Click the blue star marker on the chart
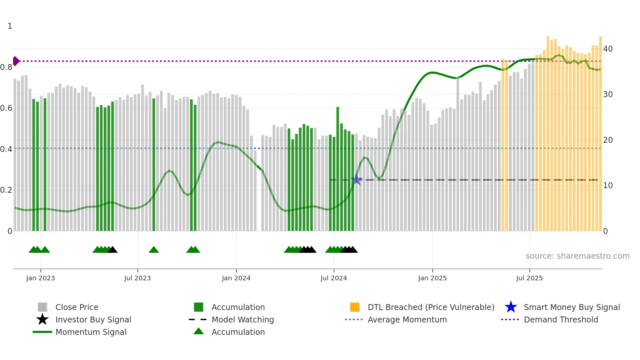[357, 179]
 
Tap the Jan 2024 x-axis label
[236, 278]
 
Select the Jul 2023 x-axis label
[137, 278]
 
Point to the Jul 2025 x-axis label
[529, 278]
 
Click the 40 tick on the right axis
[608, 49]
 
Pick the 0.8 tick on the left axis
[7, 67]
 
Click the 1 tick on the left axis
[10, 26]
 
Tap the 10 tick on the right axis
[608, 186]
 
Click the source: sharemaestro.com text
[577, 256]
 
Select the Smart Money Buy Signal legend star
[511, 307]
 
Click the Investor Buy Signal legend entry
[93, 319]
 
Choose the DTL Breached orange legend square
[355, 307]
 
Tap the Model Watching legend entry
[243, 319]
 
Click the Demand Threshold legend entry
[561, 319]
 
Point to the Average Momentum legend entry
[407, 319]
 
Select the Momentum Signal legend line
[42, 332]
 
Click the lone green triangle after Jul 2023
[154, 250]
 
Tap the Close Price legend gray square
[42, 307]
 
